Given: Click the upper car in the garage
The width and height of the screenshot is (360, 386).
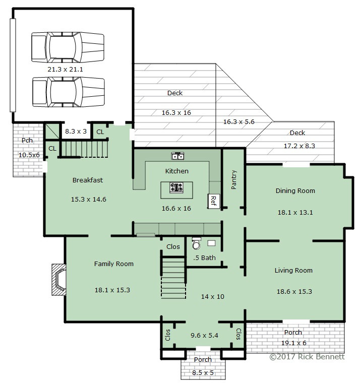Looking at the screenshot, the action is tap(68, 47).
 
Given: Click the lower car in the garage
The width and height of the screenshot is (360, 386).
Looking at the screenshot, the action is tap(69, 92).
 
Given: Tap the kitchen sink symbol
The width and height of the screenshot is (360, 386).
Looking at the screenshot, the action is tap(177, 156).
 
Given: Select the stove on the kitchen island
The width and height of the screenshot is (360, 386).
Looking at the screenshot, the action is tap(176, 187).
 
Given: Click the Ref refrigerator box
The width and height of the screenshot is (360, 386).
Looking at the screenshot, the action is tap(213, 201).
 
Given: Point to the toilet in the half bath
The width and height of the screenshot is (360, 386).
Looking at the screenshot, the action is tap(196, 243).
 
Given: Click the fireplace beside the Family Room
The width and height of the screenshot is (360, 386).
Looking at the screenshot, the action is tap(59, 279).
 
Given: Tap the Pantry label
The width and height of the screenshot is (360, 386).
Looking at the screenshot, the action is tap(234, 180).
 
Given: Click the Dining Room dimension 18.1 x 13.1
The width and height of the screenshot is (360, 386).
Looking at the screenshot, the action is tap(295, 213).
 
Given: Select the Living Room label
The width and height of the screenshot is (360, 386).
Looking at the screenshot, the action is tap(293, 270).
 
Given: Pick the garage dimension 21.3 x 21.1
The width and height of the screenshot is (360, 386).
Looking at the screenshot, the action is tap(65, 70).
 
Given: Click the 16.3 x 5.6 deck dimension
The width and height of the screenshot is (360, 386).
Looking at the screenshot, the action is tap(238, 121).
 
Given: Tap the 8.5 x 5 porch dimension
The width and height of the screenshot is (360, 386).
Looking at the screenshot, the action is tap(203, 373).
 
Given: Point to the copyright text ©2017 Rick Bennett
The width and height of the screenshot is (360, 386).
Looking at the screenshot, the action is tap(307, 357).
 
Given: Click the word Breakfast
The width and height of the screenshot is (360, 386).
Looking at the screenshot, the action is tap(88, 180).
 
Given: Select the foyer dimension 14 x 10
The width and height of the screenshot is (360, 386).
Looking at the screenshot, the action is tap(212, 297).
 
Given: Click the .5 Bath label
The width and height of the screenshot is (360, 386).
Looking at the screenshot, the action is tap(204, 258).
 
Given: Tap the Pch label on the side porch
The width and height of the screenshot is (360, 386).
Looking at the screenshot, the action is tap(27, 140).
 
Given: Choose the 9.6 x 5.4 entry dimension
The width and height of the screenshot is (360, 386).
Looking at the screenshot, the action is tap(204, 335).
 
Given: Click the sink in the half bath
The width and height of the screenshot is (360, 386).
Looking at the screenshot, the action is tap(211, 243).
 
